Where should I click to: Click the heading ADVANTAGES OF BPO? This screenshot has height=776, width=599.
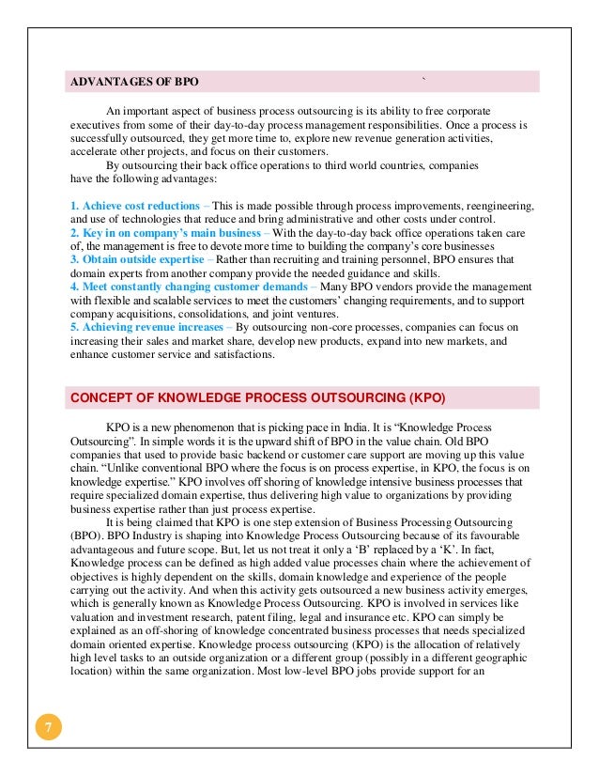coord(134,81)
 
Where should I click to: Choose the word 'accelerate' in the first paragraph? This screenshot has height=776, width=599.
coord(98,150)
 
